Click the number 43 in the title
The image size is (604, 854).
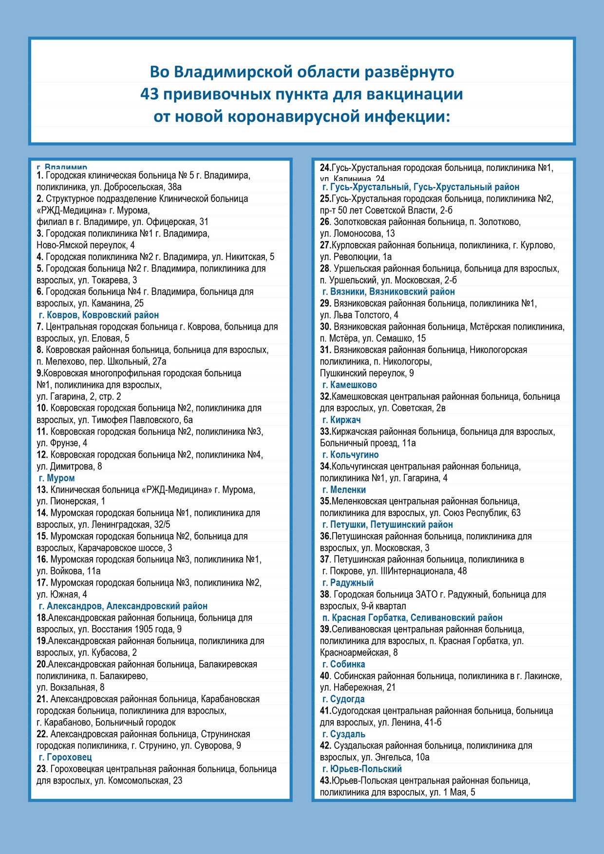150,94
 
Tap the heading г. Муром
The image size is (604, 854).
57,478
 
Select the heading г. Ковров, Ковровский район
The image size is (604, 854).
98,315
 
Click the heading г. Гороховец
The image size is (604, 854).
65,757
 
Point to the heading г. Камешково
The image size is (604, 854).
349,385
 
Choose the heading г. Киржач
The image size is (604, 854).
341,420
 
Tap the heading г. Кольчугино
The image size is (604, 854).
350,455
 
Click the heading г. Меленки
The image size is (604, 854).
344,490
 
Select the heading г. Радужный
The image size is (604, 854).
348,583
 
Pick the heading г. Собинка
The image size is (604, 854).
343,665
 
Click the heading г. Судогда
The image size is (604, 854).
343,699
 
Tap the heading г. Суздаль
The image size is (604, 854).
343,734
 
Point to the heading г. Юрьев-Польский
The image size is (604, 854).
362,769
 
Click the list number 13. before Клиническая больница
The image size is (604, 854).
42,490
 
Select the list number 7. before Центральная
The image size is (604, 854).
40,327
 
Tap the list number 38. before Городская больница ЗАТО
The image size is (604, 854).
325,594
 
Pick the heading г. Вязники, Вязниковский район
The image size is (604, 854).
388,292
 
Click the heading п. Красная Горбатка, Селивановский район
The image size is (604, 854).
412,618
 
